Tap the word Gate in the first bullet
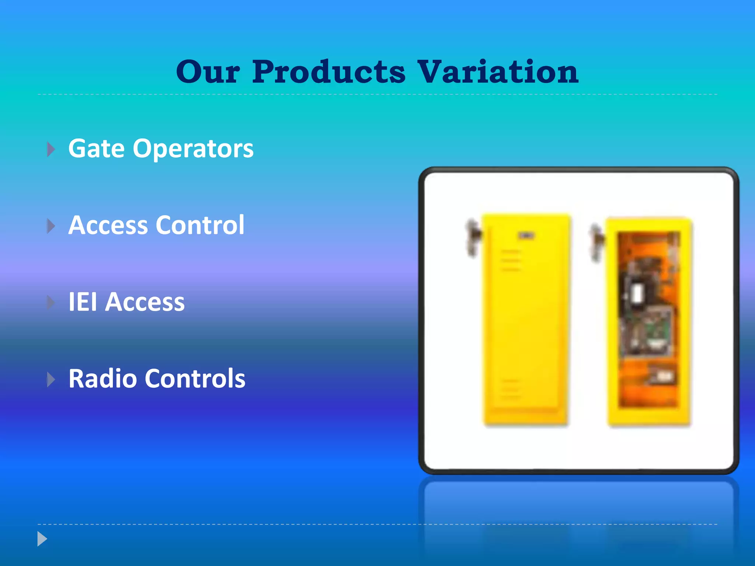97,149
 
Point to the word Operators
193,149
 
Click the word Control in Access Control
200,225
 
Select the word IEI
83,302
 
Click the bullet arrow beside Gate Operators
51,150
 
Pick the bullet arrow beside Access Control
51,226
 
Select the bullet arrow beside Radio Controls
51,380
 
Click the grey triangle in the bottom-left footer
42,539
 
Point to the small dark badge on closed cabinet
526,236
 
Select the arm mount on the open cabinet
596,241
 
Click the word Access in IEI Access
145,302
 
